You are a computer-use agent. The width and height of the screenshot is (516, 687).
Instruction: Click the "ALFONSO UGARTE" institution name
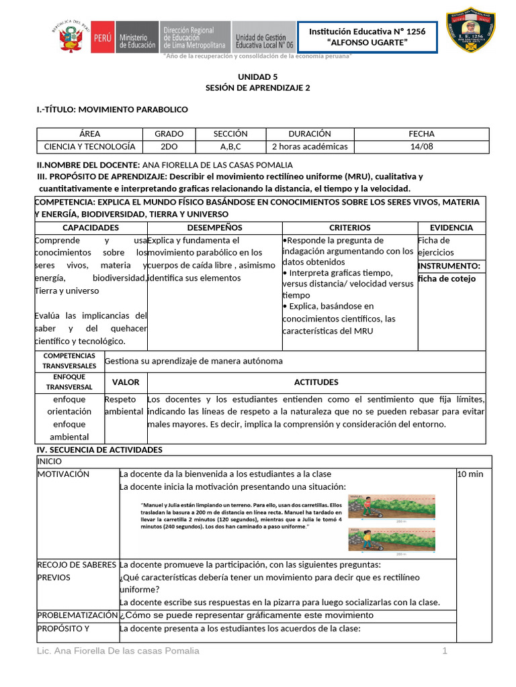[x=367, y=44]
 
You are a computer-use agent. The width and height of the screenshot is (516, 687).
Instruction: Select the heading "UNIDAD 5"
[x=257, y=77]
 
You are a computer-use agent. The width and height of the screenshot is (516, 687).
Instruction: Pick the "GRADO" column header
[x=169, y=134]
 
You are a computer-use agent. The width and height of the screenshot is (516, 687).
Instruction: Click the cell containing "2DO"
[x=169, y=146]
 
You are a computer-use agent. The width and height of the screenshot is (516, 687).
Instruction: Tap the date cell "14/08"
[x=421, y=146]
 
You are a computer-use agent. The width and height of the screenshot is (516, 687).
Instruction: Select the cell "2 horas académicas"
[x=310, y=146]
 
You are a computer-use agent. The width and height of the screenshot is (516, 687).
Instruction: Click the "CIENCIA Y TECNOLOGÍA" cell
[x=89, y=146]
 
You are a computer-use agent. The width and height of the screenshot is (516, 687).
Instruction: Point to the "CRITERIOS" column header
[x=349, y=228]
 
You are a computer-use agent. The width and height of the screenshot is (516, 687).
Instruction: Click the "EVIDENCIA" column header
[x=451, y=228]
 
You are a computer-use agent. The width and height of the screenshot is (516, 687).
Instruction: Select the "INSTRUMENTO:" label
[x=449, y=266]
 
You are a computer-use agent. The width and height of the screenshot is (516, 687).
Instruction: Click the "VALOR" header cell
[x=126, y=382]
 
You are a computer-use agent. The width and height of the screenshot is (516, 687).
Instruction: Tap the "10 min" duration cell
[x=470, y=474]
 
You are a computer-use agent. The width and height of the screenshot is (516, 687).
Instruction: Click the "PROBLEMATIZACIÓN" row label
[x=77, y=615]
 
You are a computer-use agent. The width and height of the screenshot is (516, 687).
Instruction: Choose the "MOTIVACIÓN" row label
[x=63, y=474]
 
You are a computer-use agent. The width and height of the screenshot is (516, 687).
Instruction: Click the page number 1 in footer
[x=444, y=651]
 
